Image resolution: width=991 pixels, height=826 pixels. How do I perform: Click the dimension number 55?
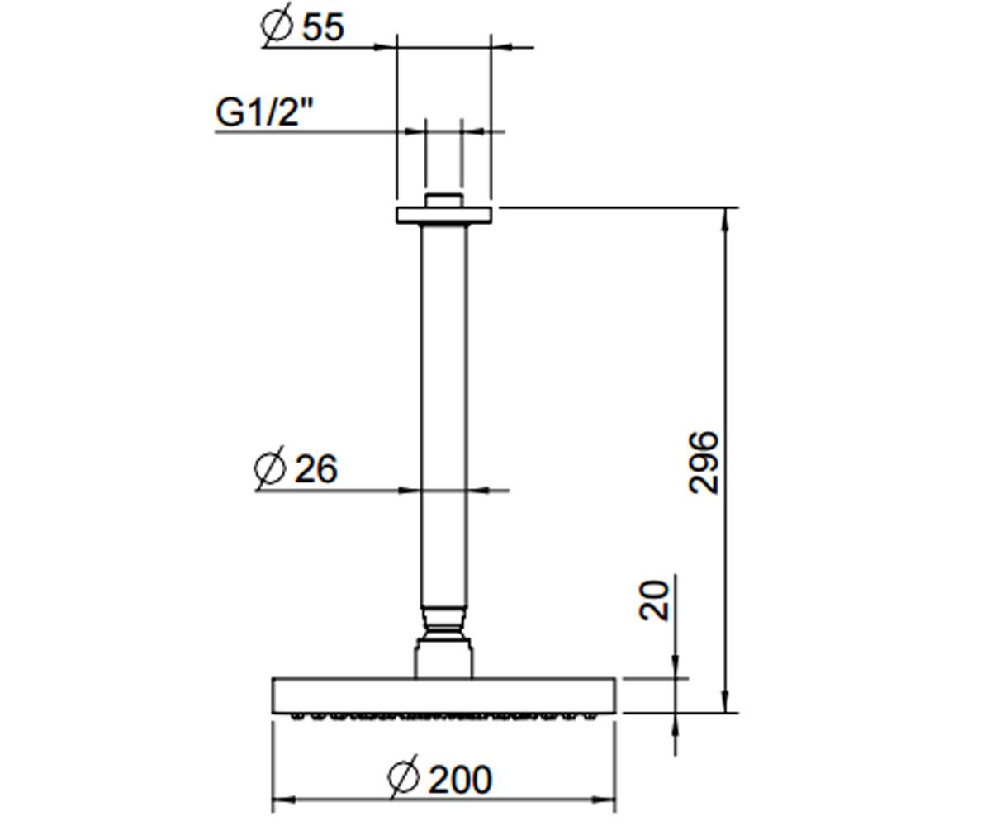323,27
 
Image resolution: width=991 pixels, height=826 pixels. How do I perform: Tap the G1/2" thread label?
265,112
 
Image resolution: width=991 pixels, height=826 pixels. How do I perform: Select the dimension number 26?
316,469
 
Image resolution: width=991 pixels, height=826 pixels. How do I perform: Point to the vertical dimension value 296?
704,463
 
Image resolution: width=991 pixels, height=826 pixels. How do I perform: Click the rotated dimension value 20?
654,601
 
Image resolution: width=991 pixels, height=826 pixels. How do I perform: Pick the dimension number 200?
460,780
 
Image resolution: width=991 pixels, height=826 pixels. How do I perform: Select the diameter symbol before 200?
404,777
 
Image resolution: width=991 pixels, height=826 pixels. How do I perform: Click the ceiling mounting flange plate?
444,215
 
